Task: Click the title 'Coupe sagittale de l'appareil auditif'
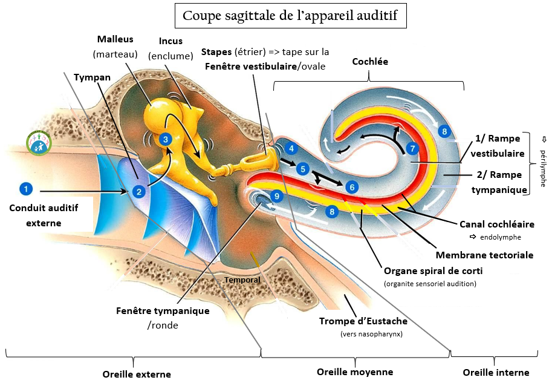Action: pyautogui.click(x=290, y=16)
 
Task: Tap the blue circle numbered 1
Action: pyautogui.click(x=25, y=189)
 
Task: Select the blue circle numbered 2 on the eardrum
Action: pyautogui.click(x=139, y=192)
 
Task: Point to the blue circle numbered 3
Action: pyautogui.click(x=165, y=139)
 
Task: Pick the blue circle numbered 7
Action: pyautogui.click(x=412, y=148)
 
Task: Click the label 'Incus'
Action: pyautogui.click(x=170, y=41)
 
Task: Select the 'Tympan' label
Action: pyautogui.click(x=93, y=77)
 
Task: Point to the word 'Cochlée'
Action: pyautogui.click(x=369, y=61)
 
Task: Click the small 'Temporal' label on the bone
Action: pyautogui.click(x=242, y=280)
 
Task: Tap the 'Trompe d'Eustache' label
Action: pyautogui.click(x=363, y=321)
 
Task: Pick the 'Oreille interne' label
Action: pyautogui.click(x=496, y=372)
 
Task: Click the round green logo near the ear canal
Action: pyautogui.click(x=39, y=142)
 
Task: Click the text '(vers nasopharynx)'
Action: pyautogui.click(x=371, y=333)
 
